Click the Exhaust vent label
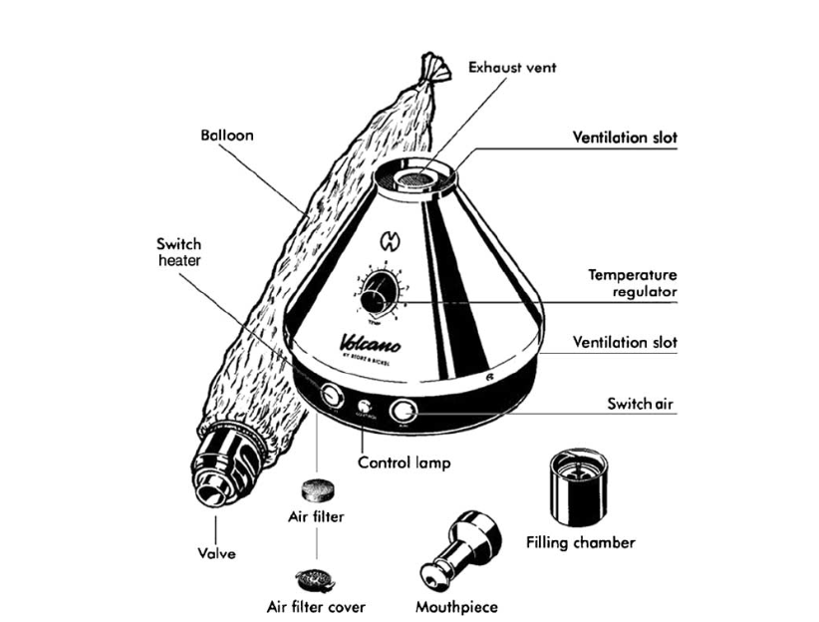pos(512,68)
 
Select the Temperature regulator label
pos(632,282)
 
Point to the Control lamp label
pos(405,463)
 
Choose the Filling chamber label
pos(580,542)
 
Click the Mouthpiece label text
pos(455,605)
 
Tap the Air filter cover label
pos(316,606)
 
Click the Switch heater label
pos(178,251)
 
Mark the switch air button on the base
pos(403,410)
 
